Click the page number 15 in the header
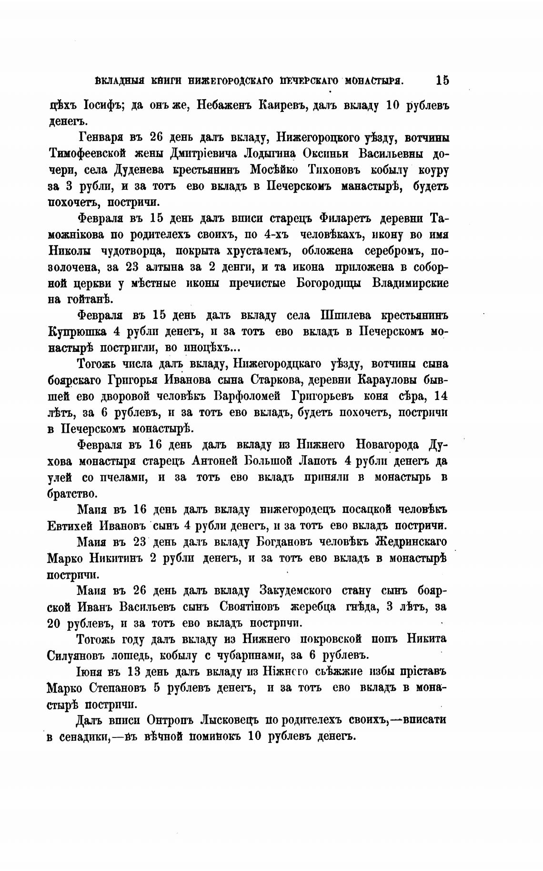pyautogui.click(x=442, y=80)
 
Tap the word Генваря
pyautogui.click(x=99, y=138)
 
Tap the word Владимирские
pyautogui.click(x=410, y=283)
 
